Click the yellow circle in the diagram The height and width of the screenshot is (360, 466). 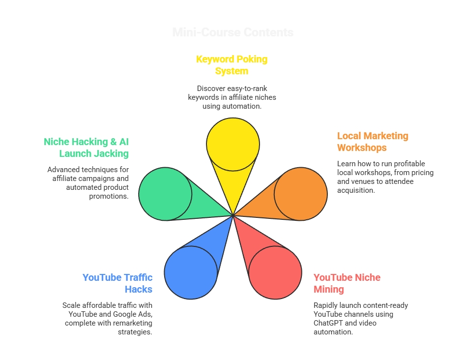pyautogui.click(x=233, y=144)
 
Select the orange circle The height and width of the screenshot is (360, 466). pyautogui.click(x=301, y=194)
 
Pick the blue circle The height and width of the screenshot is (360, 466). pyautogui.click(x=191, y=272)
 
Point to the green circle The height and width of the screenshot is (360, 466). pyautogui.click(x=165, y=194)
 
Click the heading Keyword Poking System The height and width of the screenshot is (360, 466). pyautogui.click(x=232, y=65)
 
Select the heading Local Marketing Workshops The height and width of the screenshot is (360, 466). pyautogui.click(x=373, y=142)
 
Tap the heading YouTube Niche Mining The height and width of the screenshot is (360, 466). pyautogui.click(x=347, y=283)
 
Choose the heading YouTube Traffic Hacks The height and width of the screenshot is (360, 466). pyautogui.click(x=117, y=283)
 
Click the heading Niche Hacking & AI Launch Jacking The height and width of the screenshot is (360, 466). pyautogui.click(x=86, y=148)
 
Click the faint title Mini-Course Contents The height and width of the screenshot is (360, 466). pyautogui.click(x=233, y=33)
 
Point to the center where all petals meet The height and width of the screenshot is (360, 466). pyautogui.click(x=233, y=215)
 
